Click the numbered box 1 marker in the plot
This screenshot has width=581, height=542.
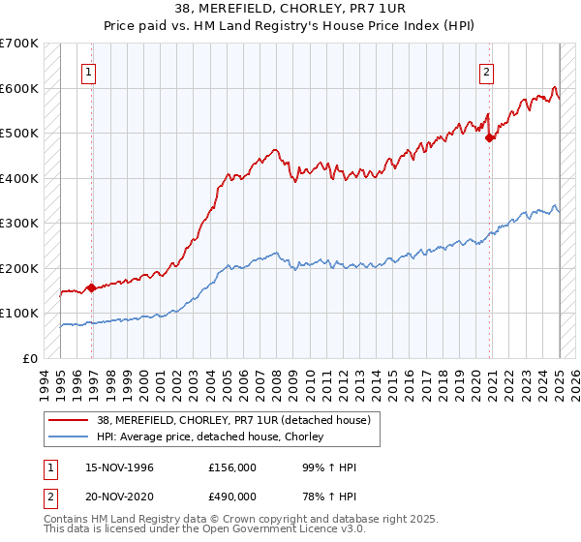88,71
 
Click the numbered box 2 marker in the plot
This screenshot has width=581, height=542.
485,71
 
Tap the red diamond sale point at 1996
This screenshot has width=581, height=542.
91,287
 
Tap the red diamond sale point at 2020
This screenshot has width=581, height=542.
490,137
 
